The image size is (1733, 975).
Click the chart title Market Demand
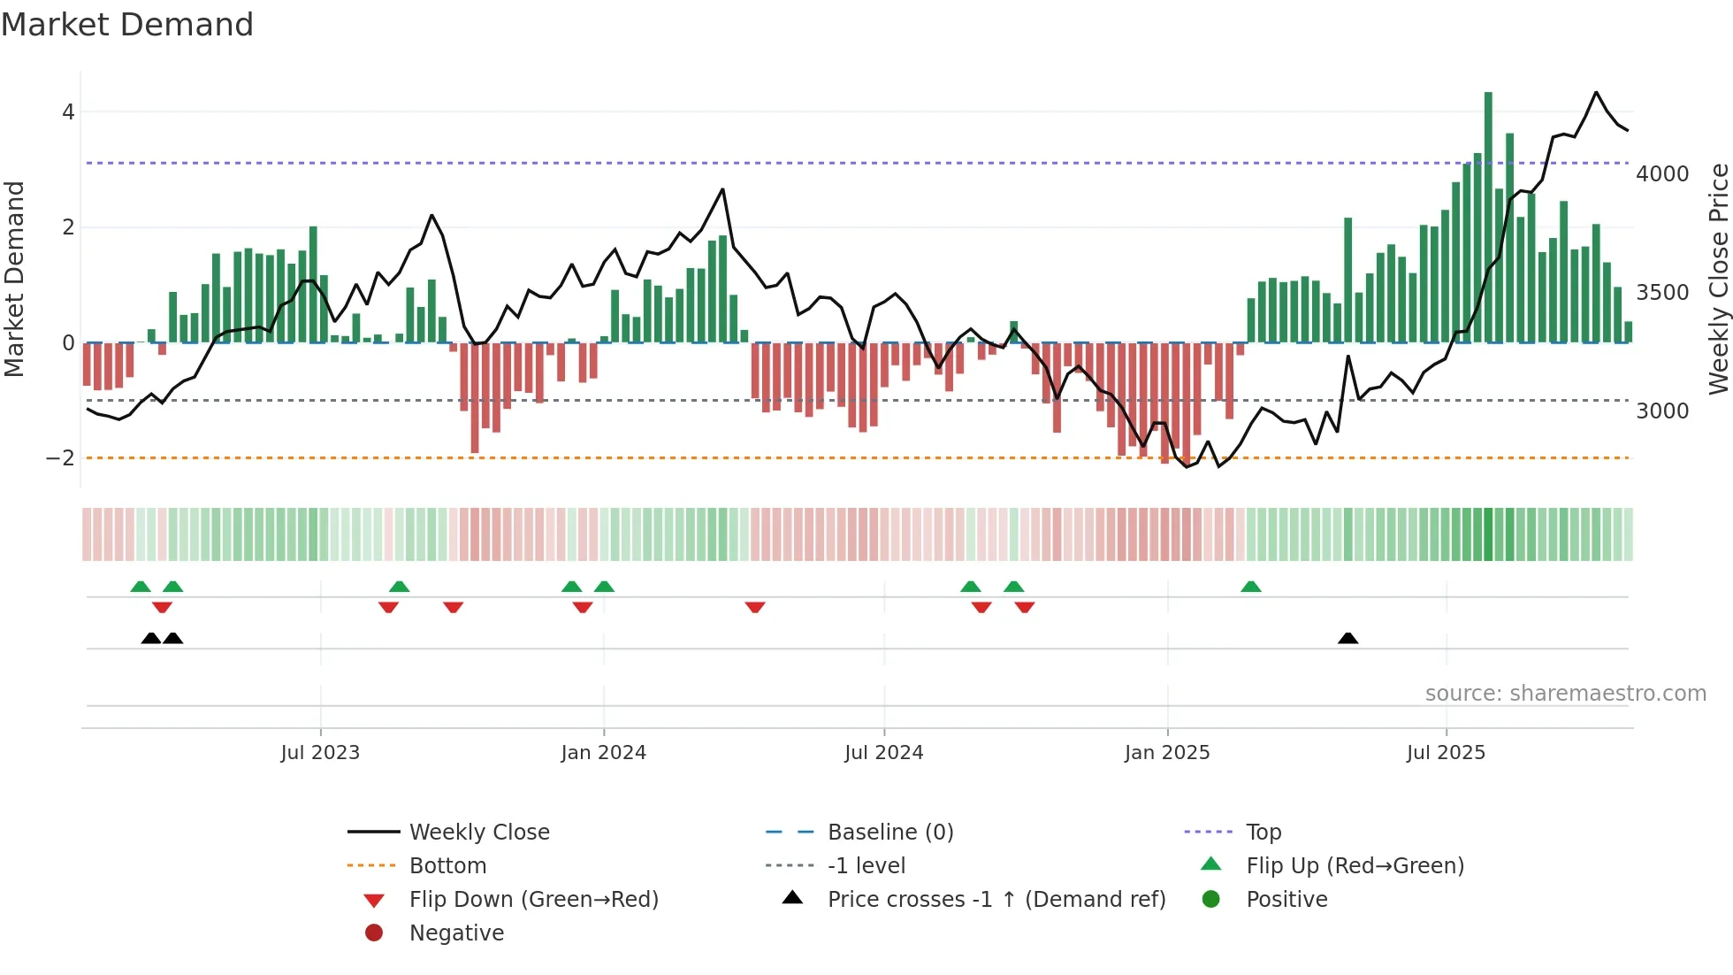click(127, 25)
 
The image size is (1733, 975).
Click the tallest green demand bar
click(1488, 217)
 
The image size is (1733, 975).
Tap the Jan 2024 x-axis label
click(603, 753)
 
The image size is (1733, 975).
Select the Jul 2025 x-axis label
click(1446, 753)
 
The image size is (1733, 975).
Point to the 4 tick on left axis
click(68, 112)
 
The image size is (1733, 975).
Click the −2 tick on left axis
click(60, 458)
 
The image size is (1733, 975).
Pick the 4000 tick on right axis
click(1662, 174)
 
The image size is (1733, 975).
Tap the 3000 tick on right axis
click(1662, 411)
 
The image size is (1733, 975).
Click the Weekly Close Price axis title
click(1718, 279)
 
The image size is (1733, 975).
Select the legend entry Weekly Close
click(479, 833)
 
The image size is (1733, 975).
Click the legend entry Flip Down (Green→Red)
click(533, 900)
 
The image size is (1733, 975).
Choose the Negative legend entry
click(456, 933)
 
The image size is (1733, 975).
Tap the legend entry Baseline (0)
click(890, 833)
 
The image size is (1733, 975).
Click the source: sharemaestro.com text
click(1565, 694)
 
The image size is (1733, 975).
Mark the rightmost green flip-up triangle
click(1250, 587)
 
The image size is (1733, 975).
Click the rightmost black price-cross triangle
click(1347, 638)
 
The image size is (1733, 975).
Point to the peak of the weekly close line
click(1596, 93)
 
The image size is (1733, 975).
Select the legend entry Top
click(1263, 833)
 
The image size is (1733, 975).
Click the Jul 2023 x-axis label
click(320, 753)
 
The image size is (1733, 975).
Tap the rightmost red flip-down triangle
click(1025, 607)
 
